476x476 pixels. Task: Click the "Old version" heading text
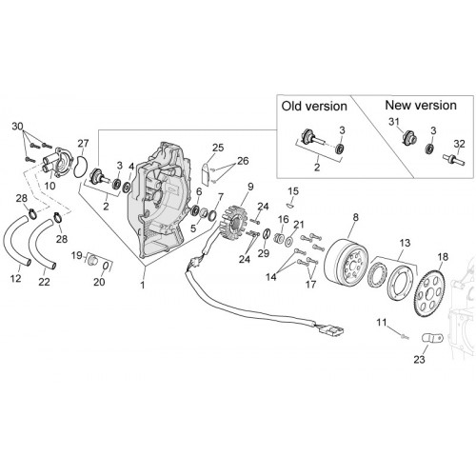(x=314, y=107)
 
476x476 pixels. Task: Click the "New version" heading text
(x=421, y=106)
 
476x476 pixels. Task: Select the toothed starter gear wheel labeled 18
(x=433, y=292)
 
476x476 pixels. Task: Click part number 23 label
(x=419, y=360)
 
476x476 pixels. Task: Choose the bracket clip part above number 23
(x=432, y=338)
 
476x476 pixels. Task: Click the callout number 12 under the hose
(x=15, y=278)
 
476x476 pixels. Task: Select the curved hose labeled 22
(x=43, y=244)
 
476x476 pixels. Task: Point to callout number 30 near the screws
(x=17, y=127)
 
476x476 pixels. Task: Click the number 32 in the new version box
(x=459, y=144)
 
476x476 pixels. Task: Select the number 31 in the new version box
(x=393, y=122)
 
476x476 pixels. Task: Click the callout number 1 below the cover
(x=143, y=285)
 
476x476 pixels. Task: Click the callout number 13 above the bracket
(x=405, y=243)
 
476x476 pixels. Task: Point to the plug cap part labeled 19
(x=91, y=259)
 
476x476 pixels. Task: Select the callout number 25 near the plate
(x=218, y=148)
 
